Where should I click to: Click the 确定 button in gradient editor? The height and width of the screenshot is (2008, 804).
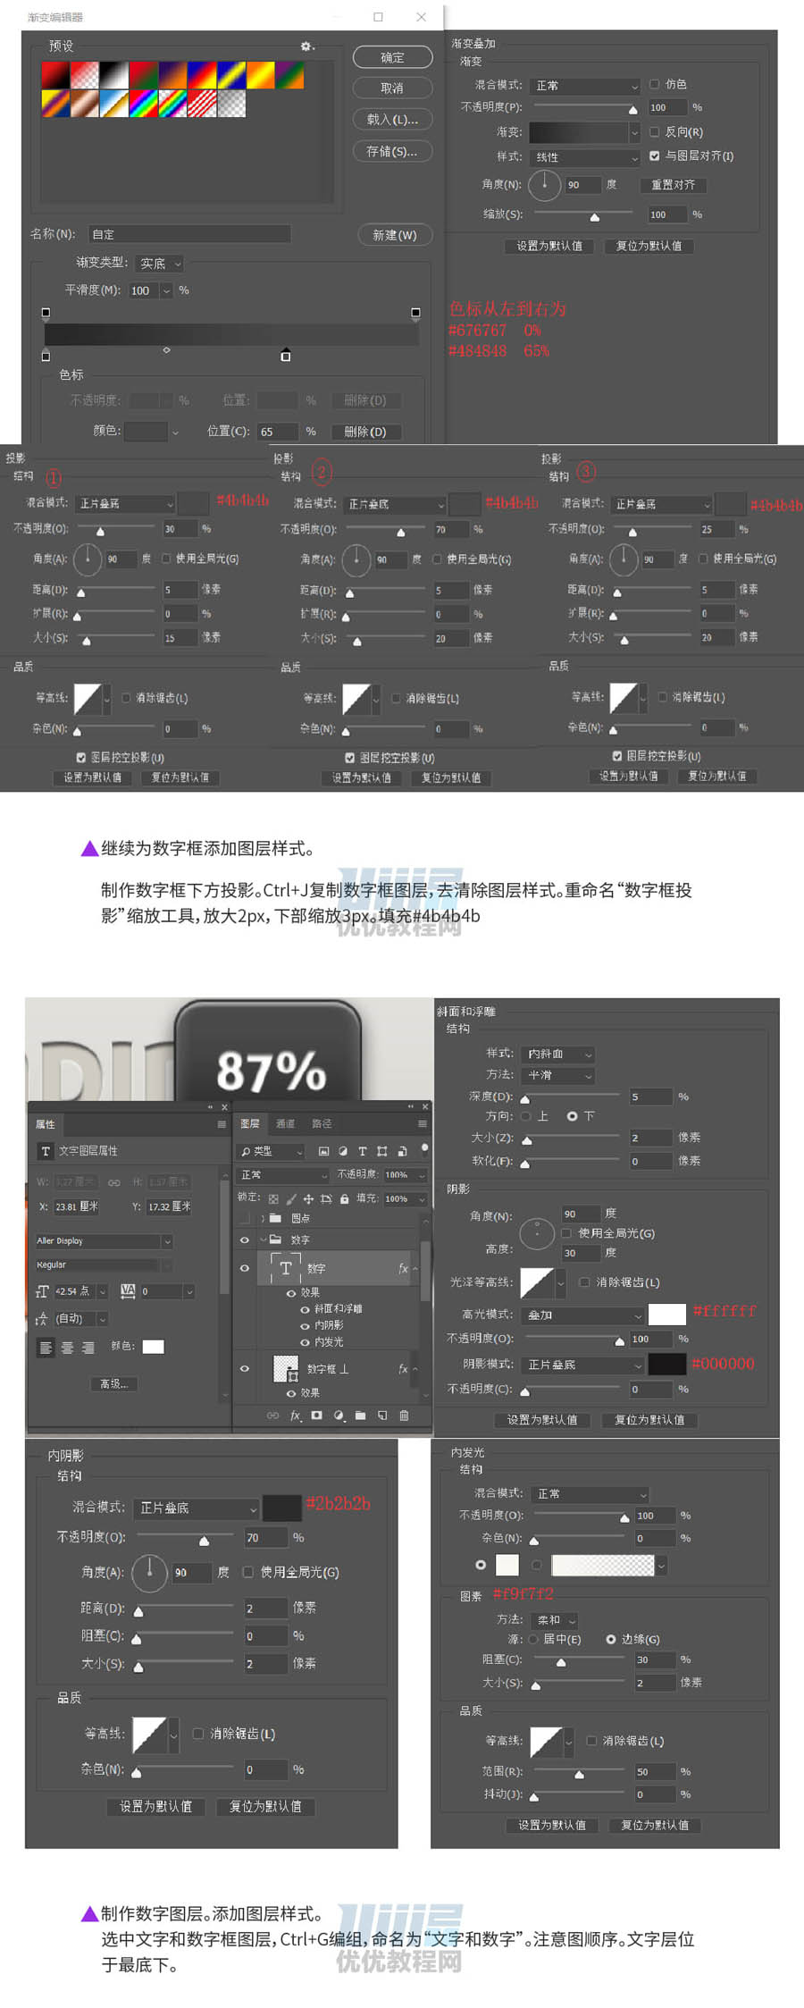pyautogui.click(x=392, y=57)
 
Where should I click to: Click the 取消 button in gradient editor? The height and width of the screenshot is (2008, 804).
pyautogui.click(x=392, y=88)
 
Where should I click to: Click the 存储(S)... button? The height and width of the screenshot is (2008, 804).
pyautogui.click(x=392, y=151)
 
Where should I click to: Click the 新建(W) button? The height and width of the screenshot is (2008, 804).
pyautogui.click(x=394, y=235)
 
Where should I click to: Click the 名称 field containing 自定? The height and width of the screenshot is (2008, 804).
pyautogui.click(x=189, y=234)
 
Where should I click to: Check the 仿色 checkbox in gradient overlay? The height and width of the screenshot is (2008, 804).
pyautogui.click(x=655, y=84)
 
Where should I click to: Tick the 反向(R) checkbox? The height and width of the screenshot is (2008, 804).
pyautogui.click(x=655, y=131)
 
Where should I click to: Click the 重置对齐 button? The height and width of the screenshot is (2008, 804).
pyautogui.click(x=673, y=185)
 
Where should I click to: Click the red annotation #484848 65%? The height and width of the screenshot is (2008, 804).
pyautogui.click(x=498, y=351)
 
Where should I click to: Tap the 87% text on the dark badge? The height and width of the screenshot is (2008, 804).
pyautogui.click(x=271, y=1070)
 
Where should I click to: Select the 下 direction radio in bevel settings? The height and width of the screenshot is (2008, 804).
pyautogui.click(x=572, y=1116)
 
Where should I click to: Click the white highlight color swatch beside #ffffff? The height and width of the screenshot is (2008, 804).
pyautogui.click(x=666, y=1314)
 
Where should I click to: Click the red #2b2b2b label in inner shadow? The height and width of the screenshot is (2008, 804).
pyautogui.click(x=338, y=1503)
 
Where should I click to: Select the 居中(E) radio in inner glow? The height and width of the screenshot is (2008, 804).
pyautogui.click(x=533, y=1639)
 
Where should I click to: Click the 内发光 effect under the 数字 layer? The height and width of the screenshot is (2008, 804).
pyautogui.click(x=328, y=1341)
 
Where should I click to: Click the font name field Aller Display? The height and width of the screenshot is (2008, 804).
pyautogui.click(x=98, y=1241)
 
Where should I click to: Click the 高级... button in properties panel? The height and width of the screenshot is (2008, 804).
pyautogui.click(x=113, y=1383)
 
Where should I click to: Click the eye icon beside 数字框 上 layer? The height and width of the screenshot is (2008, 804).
pyautogui.click(x=244, y=1368)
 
